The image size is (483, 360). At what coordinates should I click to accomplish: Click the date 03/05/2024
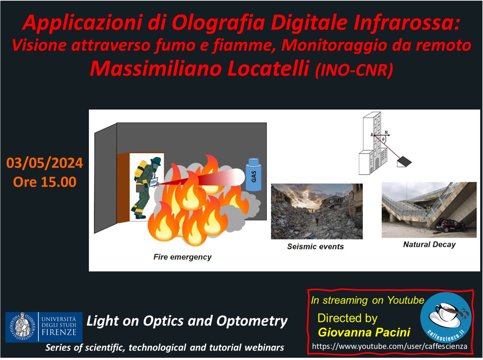pos(44,163)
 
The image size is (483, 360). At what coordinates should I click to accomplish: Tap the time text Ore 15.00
pos(45,182)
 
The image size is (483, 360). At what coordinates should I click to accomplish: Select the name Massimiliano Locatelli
pos(199,69)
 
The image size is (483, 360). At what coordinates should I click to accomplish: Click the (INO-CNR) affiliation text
pos(354,70)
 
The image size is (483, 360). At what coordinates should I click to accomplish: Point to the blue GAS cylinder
pos(254,175)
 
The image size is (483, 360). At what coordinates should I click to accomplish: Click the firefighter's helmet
pos(156,161)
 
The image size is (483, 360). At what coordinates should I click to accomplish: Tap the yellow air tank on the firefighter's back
pos(140,169)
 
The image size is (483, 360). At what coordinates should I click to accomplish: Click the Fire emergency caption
pos(183,257)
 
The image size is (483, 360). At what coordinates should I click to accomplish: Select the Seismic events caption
pos(315,246)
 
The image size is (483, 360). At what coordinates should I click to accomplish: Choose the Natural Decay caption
pos(429,245)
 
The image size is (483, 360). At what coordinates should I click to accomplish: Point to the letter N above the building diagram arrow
pos(386,132)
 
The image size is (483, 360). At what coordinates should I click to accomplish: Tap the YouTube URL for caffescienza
pos(390,346)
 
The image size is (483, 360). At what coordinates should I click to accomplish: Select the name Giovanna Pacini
pos(364,332)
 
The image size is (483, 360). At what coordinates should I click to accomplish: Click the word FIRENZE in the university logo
pos(59,332)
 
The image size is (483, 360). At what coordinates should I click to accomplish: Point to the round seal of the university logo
pos(22,327)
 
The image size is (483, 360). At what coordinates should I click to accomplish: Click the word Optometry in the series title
pos(252,321)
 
